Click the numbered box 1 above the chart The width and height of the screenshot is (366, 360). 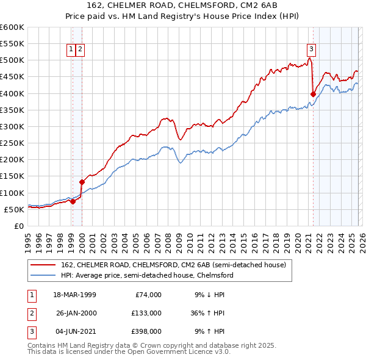coord(71,49)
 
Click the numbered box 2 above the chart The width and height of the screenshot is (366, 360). coord(81,49)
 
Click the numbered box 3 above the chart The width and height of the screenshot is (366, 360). coord(311,49)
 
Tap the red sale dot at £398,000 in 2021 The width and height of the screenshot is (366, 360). coord(313,94)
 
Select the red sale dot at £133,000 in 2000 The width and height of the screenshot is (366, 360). coord(82,181)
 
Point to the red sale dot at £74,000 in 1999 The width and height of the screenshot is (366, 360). coord(73,201)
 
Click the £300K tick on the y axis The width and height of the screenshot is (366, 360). coord(12,126)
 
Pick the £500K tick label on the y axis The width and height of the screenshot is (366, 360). coord(12,60)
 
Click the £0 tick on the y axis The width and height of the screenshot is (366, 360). coord(18,226)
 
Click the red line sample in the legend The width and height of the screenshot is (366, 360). coord(43,265)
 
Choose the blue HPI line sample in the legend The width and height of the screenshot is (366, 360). coord(43,276)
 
